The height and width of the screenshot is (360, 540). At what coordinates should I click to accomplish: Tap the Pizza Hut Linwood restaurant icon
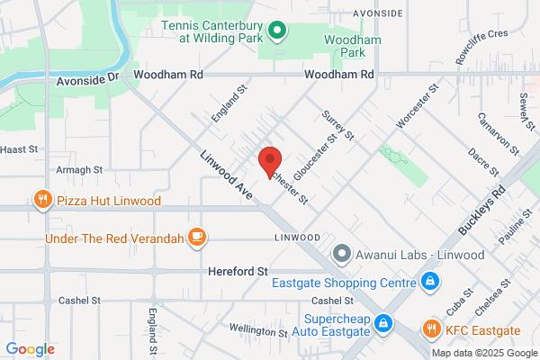pos(40,200)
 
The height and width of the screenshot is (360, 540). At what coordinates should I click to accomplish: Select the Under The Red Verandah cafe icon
pos(196,238)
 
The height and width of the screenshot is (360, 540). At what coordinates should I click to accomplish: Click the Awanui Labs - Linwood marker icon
pos(341,255)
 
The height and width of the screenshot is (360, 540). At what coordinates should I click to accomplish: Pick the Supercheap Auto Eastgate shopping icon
pos(383,321)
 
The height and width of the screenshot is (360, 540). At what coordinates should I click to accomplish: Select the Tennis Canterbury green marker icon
pos(278,33)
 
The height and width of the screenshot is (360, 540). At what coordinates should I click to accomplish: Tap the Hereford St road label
pos(238,270)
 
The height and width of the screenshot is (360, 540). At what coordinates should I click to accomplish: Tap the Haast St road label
pos(19,148)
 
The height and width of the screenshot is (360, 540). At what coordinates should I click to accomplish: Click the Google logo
pos(30,349)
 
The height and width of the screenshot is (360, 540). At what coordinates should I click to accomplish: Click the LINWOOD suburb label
pos(297,238)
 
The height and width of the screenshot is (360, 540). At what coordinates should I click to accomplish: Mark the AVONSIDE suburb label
pos(353,15)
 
